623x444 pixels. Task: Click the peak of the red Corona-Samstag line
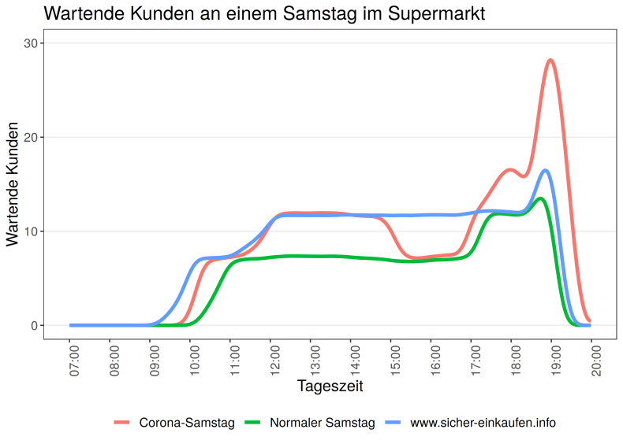click(550, 60)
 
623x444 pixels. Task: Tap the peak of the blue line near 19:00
click(545, 170)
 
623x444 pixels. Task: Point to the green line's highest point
click(540, 198)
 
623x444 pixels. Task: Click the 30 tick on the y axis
click(31, 43)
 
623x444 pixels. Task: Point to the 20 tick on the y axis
click(31, 137)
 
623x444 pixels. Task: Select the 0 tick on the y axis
click(35, 325)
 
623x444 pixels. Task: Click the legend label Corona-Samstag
click(187, 423)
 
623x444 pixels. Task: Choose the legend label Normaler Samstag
click(322, 423)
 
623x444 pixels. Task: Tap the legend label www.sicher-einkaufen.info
click(483, 423)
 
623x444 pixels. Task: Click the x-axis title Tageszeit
click(330, 387)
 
